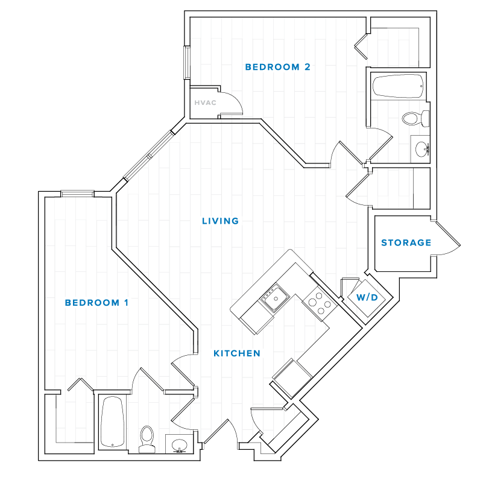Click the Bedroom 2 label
(x=277, y=67)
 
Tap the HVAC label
(x=204, y=103)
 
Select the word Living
(x=220, y=221)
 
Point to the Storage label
(x=406, y=243)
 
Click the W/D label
(x=366, y=298)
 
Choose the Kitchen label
(x=237, y=353)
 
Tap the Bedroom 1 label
(x=96, y=302)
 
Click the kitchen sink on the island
(x=274, y=298)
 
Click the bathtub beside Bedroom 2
(x=399, y=86)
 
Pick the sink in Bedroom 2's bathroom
(x=420, y=147)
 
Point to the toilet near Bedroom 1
(x=147, y=438)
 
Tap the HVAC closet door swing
(x=230, y=102)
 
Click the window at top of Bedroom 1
(x=77, y=194)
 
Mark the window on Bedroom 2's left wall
(x=187, y=62)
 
